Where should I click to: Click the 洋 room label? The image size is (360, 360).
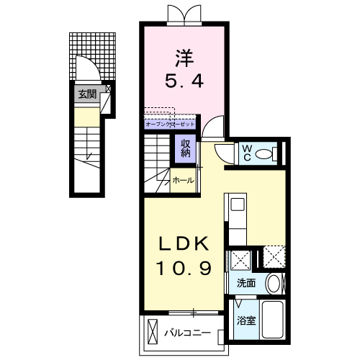coord(184,57)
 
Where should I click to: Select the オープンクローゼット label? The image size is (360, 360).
coord(169,124)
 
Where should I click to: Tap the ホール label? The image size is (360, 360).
coord(182,181)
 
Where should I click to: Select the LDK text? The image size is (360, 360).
coord(184,244)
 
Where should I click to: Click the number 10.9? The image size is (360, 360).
coord(184,270)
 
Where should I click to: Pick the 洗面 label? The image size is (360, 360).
coord(246,283)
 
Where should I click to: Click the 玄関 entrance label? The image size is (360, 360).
coord(87,93)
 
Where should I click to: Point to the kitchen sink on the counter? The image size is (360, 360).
coord(236,204)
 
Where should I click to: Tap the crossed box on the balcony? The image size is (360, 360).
coord(153,332)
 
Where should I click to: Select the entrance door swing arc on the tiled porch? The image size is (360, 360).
coord(86,70)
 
